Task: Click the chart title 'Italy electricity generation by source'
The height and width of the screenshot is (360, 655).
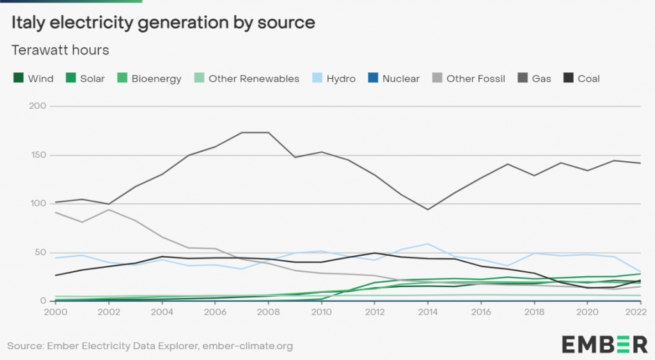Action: point(164,22)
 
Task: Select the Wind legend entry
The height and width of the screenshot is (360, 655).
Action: point(33,79)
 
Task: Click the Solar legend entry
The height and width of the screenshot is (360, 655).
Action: point(84,79)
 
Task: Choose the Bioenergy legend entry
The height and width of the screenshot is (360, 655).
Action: point(149,79)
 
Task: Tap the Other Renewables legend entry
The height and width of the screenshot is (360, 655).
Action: point(246,79)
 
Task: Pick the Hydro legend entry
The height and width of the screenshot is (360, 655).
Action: point(333,79)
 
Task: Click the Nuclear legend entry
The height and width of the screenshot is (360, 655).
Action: point(393,79)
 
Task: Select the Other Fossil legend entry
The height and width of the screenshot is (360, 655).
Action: point(468,79)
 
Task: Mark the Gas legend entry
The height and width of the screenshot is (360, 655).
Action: point(535,79)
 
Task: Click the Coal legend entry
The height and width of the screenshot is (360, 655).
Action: point(581,79)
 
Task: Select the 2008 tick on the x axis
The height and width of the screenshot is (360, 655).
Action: point(268,313)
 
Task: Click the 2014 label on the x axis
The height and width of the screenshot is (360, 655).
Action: point(427,313)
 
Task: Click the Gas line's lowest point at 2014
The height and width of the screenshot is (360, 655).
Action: point(427,209)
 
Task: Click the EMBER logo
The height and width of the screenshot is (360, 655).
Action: point(604,343)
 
